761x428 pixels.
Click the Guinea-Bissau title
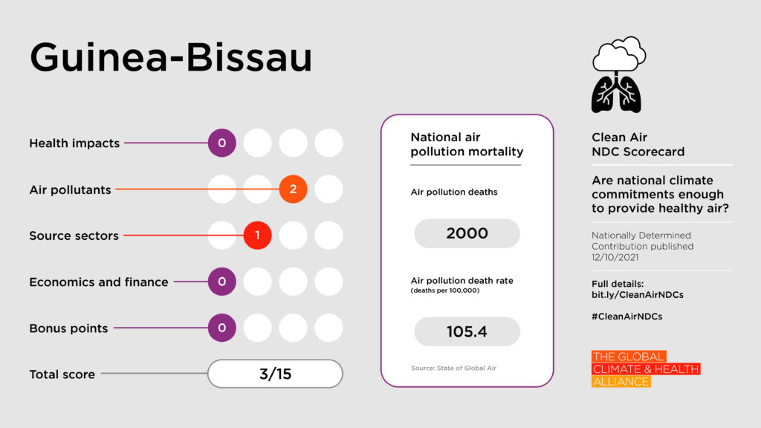pos(170,59)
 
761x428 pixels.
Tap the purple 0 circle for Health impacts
pos(221,143)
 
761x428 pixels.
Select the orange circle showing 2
pos(293,189)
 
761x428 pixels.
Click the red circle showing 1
pos(257,236)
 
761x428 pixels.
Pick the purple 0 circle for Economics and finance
pos(221,282)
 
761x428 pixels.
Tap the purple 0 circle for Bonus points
pos(221,328)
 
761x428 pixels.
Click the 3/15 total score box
pos(275,374)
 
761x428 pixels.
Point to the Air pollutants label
pos(70,189)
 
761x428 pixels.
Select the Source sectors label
pos(74,236)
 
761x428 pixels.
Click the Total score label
pos(62,374)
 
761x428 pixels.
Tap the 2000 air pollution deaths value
pos(467,233)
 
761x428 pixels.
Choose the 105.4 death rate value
pos(467,331)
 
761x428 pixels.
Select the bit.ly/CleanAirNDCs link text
pos(637,295)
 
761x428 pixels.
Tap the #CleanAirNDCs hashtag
pos(626,316)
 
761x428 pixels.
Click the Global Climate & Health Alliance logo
pos(645,369)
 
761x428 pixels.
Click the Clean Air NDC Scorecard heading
pos(638,145)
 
